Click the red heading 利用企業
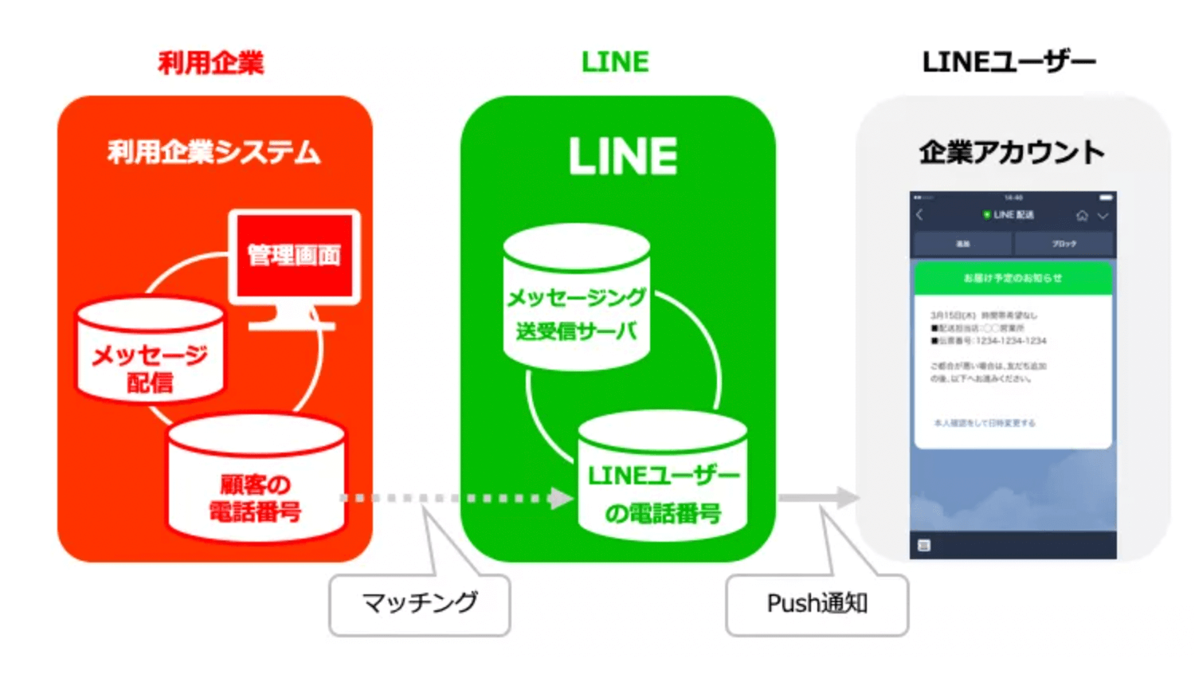[211, 62]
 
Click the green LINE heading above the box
[615, 62]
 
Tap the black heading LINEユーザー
[1009, 62]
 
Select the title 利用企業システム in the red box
[214, 151]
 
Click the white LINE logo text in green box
[623, 156]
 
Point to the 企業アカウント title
[1012, 151]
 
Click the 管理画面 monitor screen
[294, 256]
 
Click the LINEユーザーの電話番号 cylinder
[663, 482]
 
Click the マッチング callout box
[420, 604]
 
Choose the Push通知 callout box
[817, 604]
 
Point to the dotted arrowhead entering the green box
[561, 498]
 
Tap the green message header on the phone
[1013, 278]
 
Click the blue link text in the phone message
[985, 423]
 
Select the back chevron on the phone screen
[920, 215]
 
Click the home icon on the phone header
[1082, 216]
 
